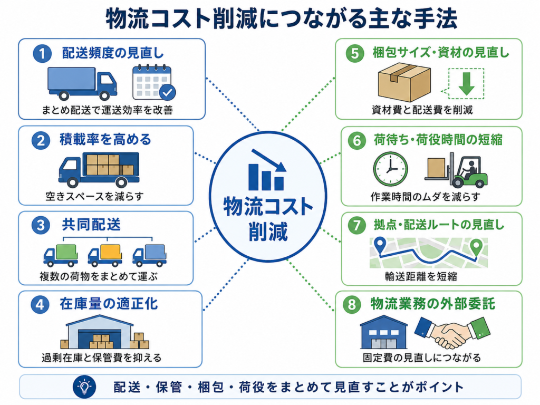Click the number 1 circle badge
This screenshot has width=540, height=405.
point(42,54)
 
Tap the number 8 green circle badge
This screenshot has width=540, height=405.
point(352,304)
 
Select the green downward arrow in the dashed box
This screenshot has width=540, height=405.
point(467,84)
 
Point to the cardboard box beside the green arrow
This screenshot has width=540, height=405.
point(404,82)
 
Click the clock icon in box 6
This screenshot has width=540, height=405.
point(390,169)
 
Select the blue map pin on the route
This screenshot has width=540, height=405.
point(380,245)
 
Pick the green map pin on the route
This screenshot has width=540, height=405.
point(476,247)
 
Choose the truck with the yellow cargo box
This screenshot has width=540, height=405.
point(105,255)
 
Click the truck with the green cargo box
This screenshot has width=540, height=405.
point(61,255)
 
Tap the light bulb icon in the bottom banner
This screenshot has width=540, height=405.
point(84,387)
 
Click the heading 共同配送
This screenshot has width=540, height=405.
point(91,225)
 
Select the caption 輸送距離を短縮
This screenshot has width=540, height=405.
point(420,276)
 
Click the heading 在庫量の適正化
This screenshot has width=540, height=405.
point(109,304)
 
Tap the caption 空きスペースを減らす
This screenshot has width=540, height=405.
point(94,197)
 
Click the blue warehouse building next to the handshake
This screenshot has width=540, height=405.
point(383,332)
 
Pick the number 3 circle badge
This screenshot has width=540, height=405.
point(41,225)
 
